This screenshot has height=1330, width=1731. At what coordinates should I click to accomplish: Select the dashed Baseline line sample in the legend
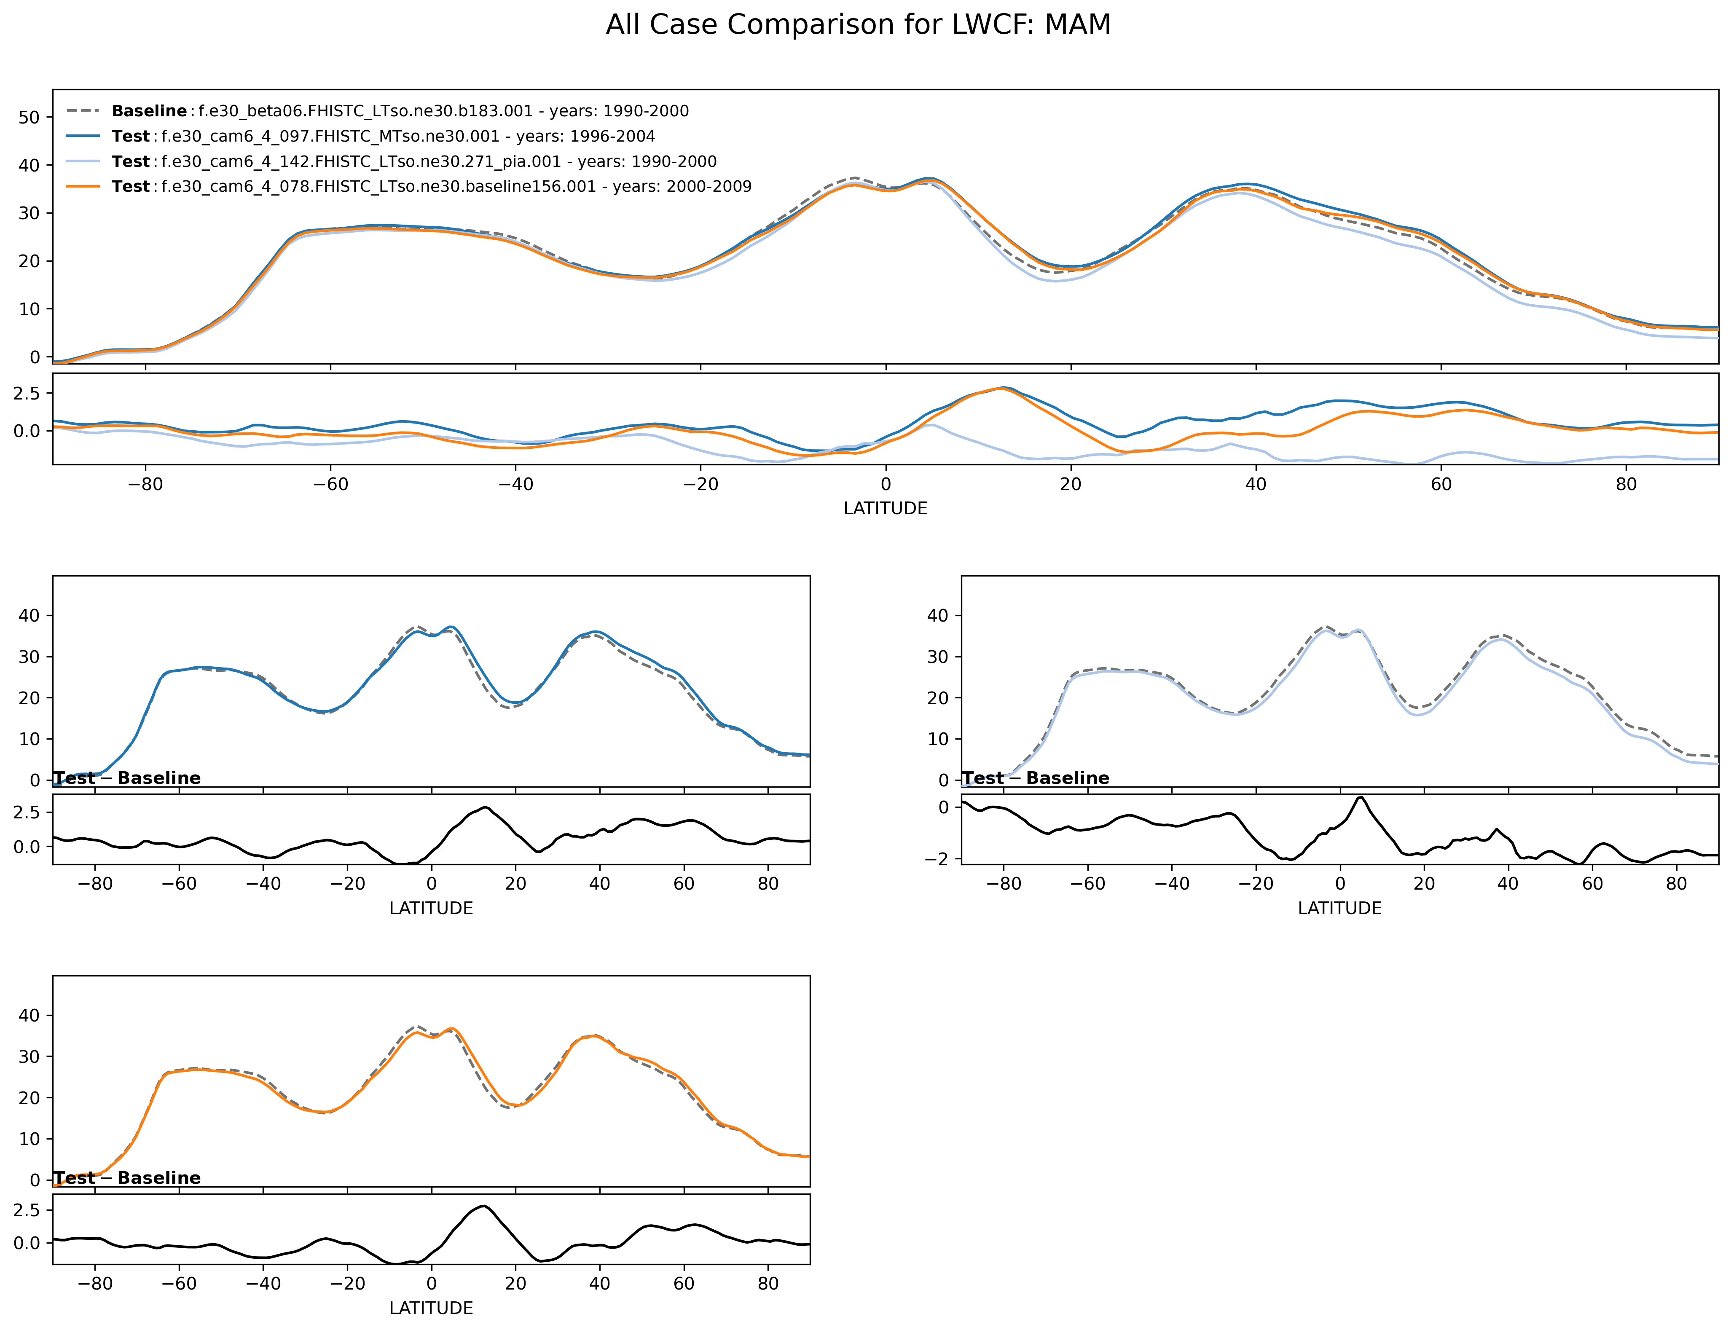coord(83,111)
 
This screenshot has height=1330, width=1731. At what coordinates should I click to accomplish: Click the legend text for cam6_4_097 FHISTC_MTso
coord(408,136)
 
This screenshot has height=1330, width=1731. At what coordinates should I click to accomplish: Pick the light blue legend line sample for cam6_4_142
coord(83,161)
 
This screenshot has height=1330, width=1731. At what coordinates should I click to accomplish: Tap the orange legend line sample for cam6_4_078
coord(83,187)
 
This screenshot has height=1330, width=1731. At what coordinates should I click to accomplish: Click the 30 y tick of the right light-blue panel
coord(937,657)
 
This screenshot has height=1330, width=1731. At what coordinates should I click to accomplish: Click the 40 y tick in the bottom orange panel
coord(30,1016)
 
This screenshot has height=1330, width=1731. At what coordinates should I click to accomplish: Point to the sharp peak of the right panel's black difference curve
coord(1361,797)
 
